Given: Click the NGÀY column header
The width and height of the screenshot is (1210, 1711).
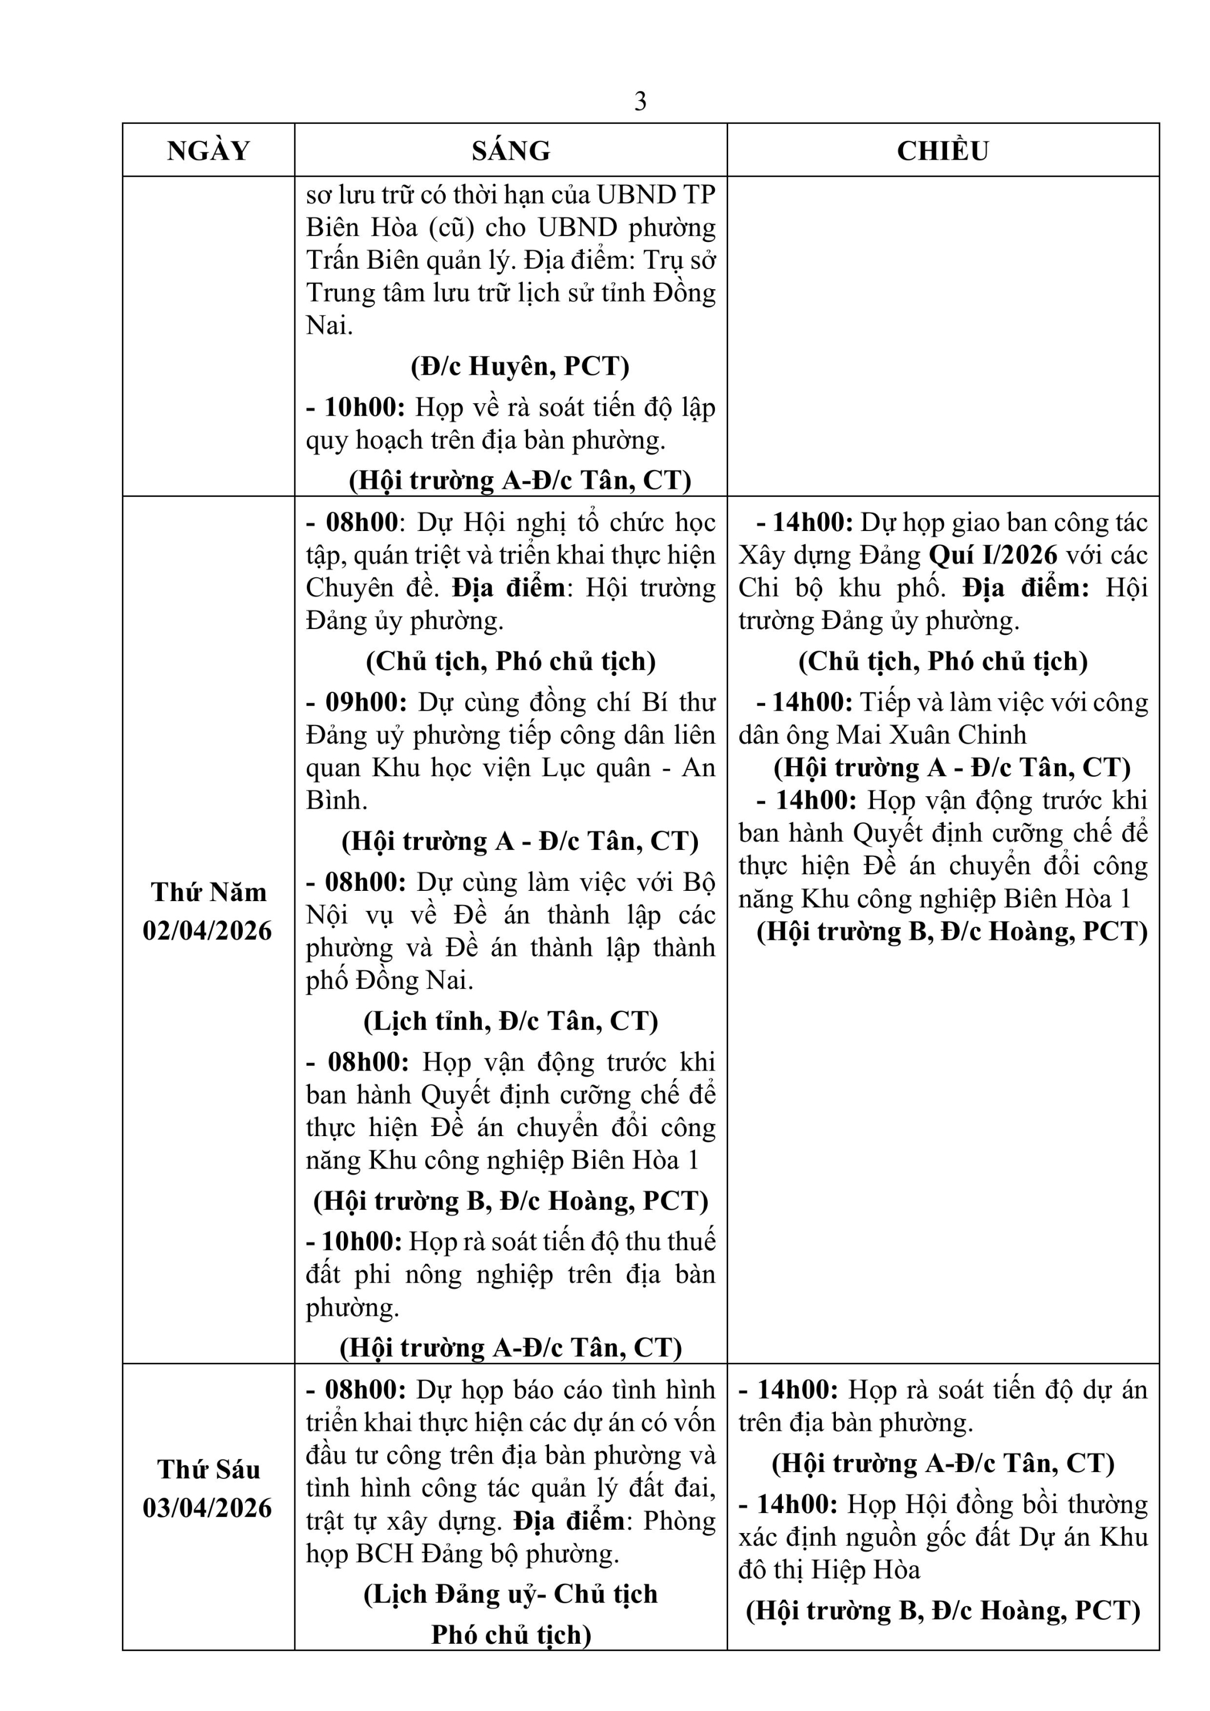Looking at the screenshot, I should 209,151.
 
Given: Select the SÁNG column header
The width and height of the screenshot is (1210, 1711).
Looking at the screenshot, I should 510,151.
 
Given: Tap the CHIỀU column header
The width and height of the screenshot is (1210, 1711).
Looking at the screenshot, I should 943,151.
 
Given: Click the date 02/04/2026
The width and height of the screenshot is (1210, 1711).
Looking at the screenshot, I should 208,931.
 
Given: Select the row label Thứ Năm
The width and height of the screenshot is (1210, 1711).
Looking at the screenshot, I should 209,892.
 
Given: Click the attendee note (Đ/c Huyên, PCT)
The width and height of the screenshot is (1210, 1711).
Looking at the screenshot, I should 520,366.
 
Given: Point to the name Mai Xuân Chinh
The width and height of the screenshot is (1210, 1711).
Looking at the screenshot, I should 931,736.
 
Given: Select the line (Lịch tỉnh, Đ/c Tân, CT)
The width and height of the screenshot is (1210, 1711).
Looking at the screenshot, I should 511,1021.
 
